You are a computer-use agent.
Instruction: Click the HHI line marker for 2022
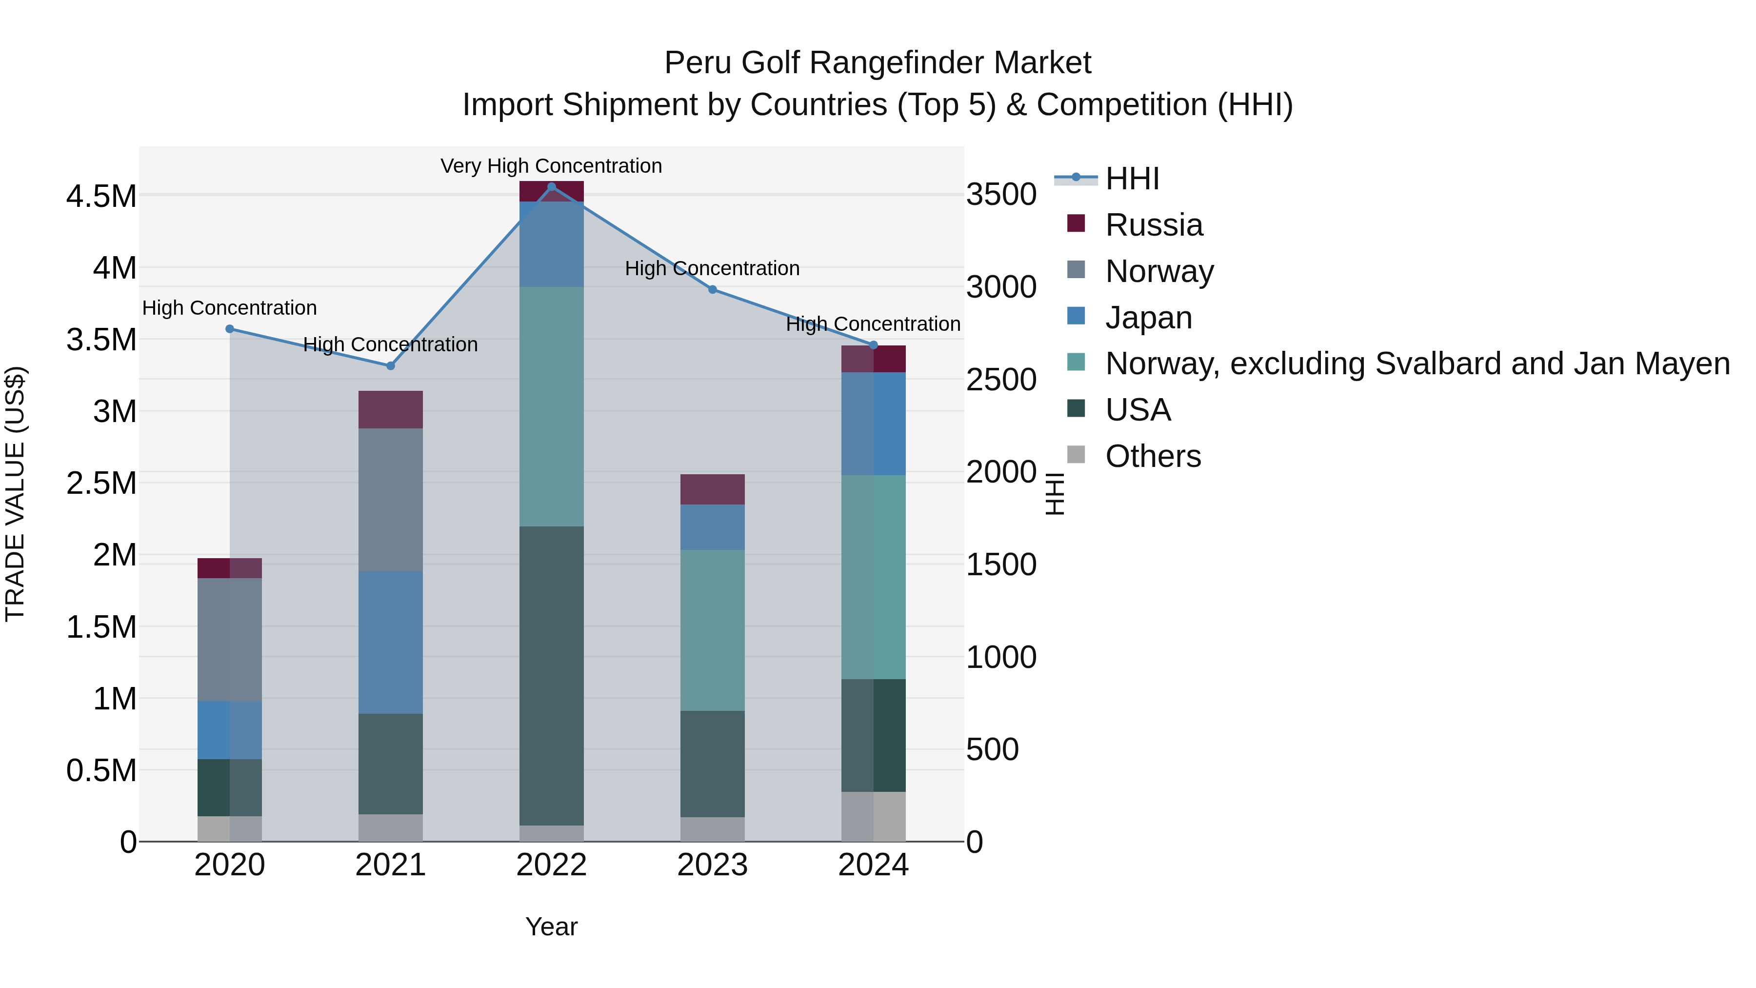(x=552, y=186)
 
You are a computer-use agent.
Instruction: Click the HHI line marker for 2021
(x=391, y=366)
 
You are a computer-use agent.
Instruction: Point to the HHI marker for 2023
(x=712, y=290)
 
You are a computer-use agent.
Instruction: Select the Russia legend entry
(x=1154, y=225)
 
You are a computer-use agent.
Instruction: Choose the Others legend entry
(x=1152, y=456)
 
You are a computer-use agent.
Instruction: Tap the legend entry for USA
(x=1137, y=410)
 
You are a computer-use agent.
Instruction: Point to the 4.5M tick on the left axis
(x=101, y=196)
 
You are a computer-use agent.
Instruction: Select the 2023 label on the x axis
(x=712, y=865)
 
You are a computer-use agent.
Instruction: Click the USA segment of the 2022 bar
(x=552, y=675)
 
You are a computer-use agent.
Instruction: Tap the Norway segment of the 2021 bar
(x=391, y=500)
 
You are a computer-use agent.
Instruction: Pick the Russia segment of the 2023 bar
(x=712, y=489)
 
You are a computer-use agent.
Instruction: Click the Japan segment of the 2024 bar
(x=873, y=423)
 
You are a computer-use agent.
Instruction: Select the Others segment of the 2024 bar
(x=873, y=816)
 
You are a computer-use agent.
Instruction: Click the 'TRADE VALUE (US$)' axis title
(x=15, y=494)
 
